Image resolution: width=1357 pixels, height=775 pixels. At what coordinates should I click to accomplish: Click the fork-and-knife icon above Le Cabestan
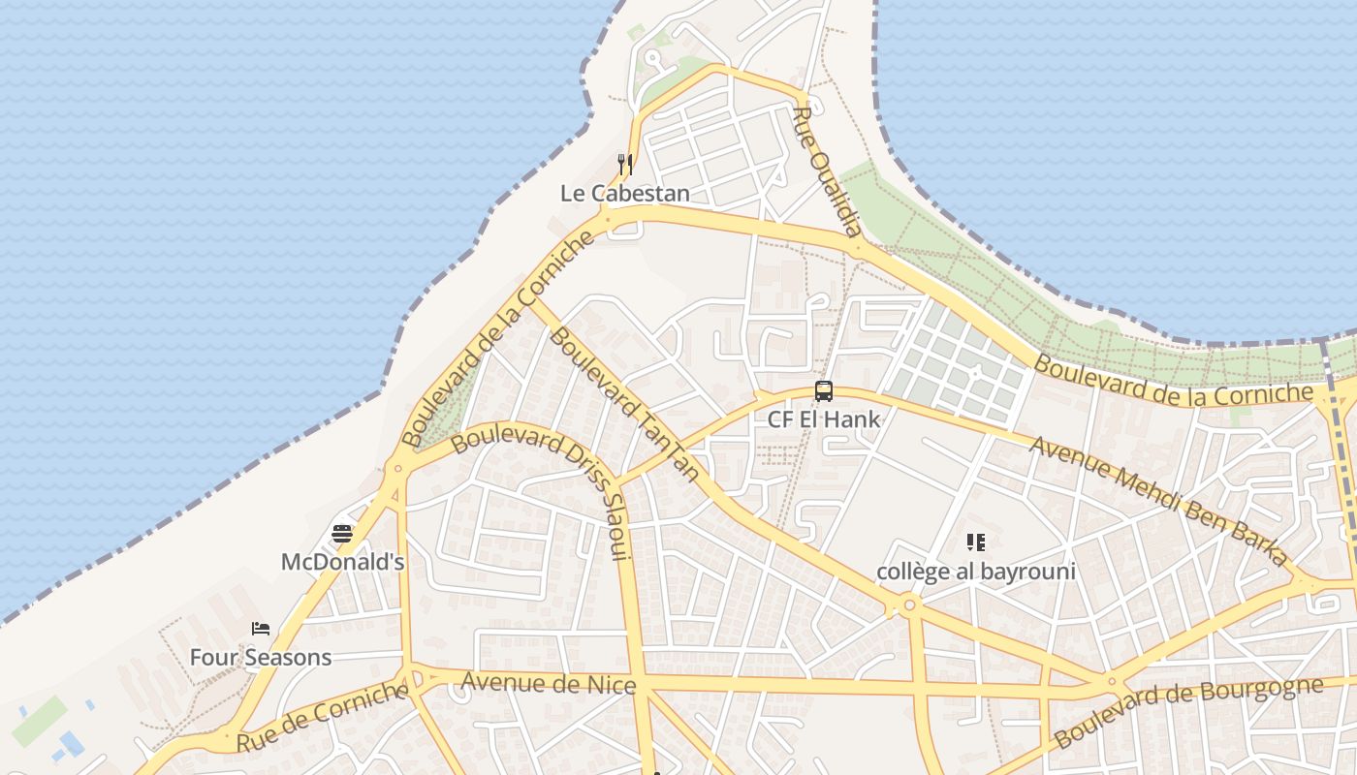click(x=625, y=165)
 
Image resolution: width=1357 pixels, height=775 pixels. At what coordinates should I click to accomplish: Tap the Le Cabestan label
click(x=625, y=194)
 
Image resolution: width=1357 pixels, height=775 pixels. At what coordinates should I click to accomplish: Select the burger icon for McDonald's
click(x=341, y=533)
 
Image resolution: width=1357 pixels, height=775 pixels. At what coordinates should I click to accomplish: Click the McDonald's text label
click(x=342, y=562)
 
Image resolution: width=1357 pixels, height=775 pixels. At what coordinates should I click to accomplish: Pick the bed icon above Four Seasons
click(x=260, y=629)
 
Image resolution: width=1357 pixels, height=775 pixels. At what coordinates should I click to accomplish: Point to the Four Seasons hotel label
click(x=260, y=658)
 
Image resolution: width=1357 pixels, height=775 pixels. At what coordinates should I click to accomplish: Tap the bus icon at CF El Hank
click(x=824, y=391)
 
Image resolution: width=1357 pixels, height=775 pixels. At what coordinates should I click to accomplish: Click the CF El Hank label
click(x=824, y=419)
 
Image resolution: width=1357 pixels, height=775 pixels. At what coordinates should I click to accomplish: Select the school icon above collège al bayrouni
click(x=976, y=542)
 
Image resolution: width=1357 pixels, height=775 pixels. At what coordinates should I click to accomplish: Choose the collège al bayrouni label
click(x=976, y=572)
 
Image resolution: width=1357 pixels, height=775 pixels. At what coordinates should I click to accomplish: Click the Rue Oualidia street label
click(x=827, y=172)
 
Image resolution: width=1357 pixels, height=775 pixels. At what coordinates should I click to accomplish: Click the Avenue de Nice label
click(x=548, y=684)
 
